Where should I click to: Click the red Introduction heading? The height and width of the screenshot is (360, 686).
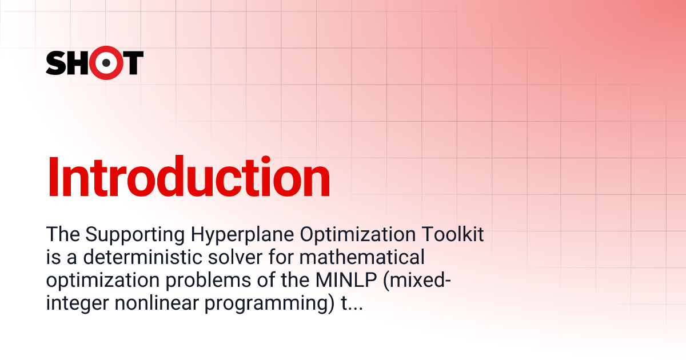pyautogui.click(x=189, y=177)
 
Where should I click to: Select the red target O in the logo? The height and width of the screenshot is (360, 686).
pyautogui.click(x=106, y=63)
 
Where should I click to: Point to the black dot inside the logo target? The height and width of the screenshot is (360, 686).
pyautogui.click(x=106, y=63)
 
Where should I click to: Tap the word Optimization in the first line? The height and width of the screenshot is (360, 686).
pyautogui.click(x=358, y=234)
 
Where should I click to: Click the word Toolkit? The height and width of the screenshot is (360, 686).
pyautogui.click(x=453, y=234)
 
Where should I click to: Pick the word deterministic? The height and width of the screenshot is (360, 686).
pyautogui.click(x=142, y=257)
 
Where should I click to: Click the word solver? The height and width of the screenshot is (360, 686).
pyautogui.click(x=235, y=257)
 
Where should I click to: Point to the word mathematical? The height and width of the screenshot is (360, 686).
pyautogui.click(x=362, y=257)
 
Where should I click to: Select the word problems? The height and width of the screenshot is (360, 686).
pyautogui.click(x=208, y=280)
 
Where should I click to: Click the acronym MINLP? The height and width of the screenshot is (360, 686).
pyautogui.click(x=346, y=280)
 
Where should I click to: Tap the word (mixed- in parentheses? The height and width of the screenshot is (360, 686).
pyautogui.click(x=417, y=281)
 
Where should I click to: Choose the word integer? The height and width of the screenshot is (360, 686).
pyautogui.click(x=78, y=304)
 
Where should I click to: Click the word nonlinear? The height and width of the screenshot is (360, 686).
pyautogui.click(x=157, y=303)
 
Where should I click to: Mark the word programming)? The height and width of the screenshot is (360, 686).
pyautogui.click(x=269, y=304)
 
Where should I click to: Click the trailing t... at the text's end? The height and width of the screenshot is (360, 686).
pyautogui.click(x=352, y=303)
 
